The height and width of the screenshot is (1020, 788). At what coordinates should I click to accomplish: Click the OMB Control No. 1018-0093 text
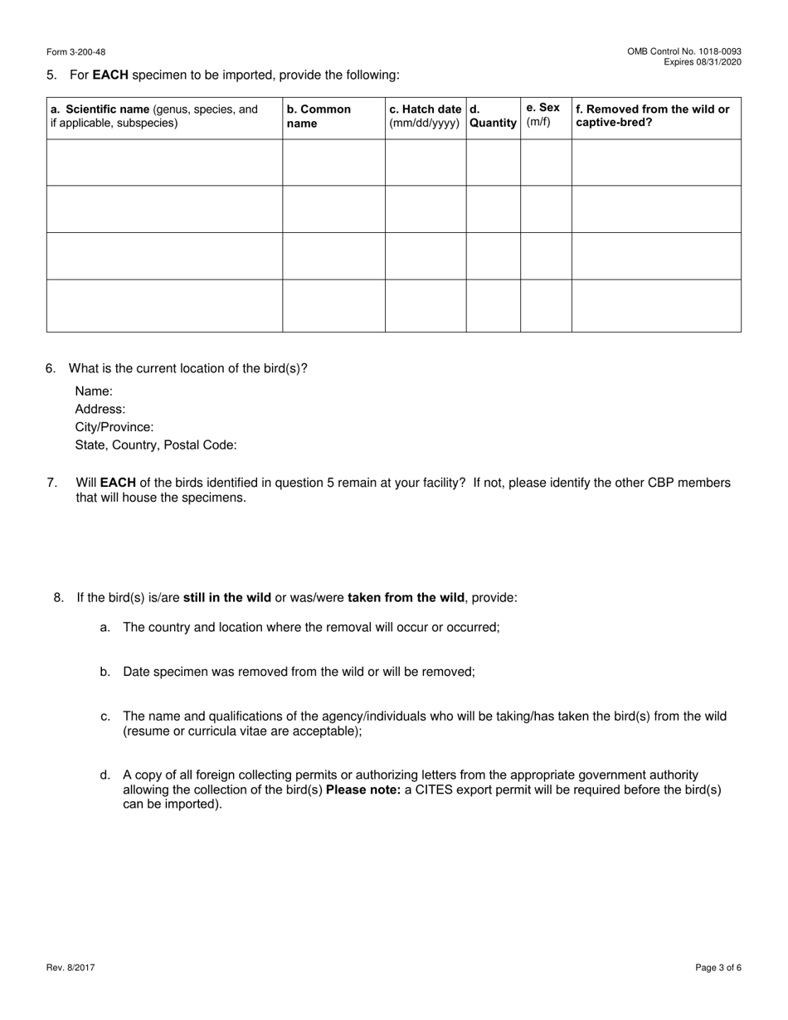(x=684, y=51)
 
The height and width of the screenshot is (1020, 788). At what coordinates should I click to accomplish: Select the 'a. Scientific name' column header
(x=154, y=116)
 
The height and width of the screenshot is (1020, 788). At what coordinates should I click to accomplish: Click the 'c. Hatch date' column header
(x=426, y=116)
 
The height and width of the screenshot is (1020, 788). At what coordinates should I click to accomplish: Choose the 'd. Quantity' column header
(x=493, y=116)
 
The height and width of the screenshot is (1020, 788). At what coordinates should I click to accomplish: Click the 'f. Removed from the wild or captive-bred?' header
(x=653, y=116)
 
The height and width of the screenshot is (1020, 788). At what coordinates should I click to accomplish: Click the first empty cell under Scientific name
(x=164, y=163)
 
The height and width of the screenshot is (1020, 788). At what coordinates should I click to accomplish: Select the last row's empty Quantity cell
(x=493, y=305)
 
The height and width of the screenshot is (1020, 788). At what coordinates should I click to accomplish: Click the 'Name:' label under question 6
(x=94, y=391)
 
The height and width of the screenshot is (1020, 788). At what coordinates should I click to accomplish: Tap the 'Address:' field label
(x=100, y=409)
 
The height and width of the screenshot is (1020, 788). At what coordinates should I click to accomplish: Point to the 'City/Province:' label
(x=114, y=427)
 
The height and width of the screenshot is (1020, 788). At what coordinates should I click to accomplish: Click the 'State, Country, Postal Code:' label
(x=156, y=445)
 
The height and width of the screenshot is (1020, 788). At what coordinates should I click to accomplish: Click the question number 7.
(x=51, y=483)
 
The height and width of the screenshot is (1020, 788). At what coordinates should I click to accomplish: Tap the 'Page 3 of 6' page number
(x=718, y=967)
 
